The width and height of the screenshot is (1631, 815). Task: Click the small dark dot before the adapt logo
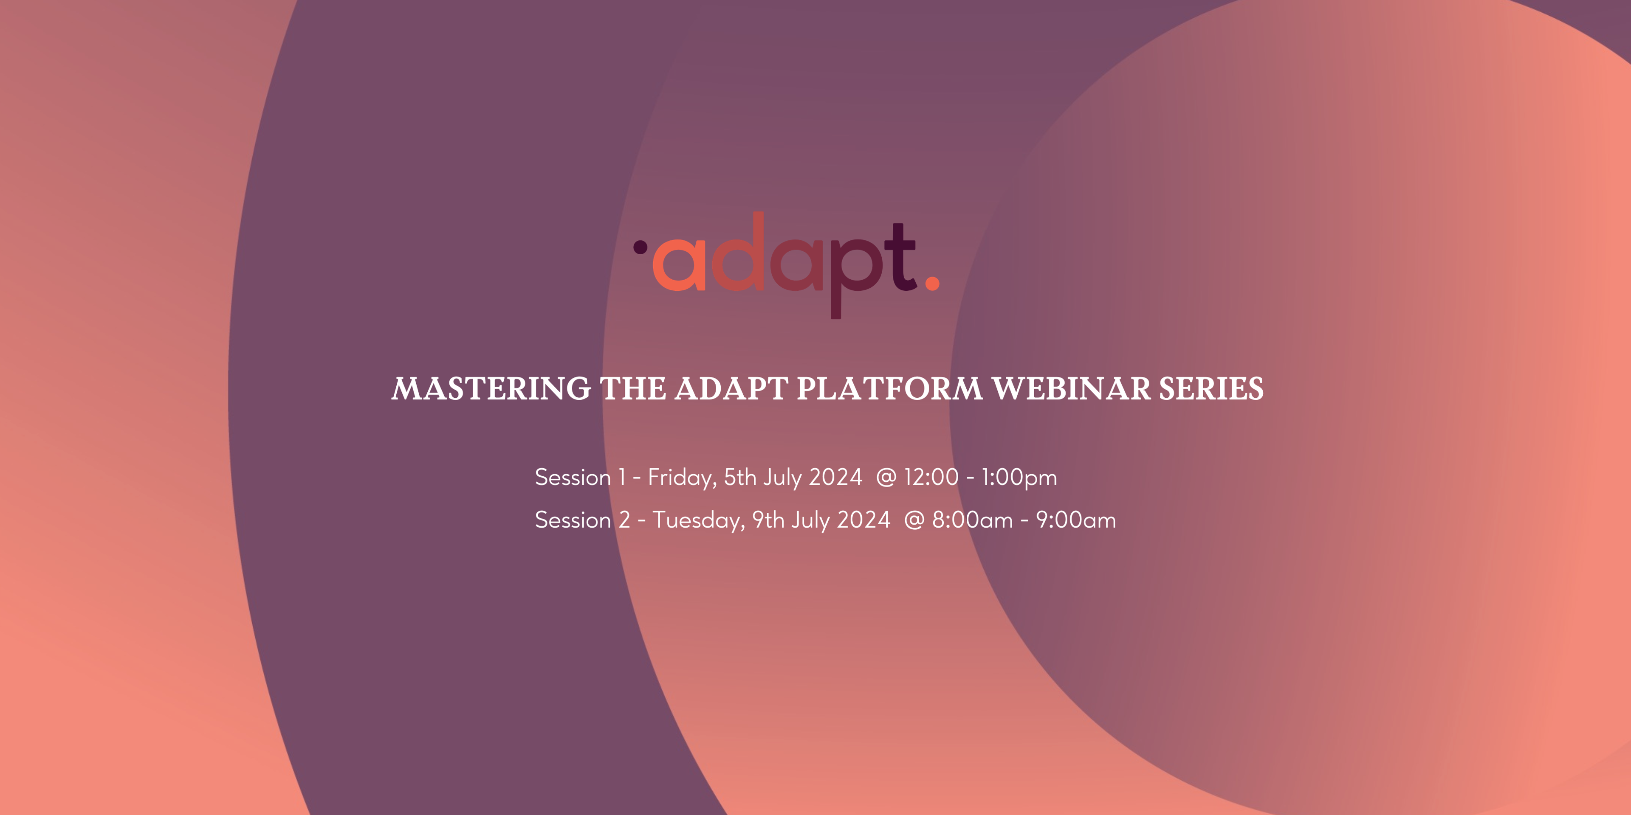640,247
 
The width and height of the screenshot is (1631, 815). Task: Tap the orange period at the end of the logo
932,283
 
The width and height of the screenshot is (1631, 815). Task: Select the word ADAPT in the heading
731,388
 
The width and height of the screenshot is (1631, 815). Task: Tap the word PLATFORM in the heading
889,388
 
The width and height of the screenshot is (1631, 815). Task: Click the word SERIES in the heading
1211,388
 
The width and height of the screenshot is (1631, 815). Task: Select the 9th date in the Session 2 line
768,520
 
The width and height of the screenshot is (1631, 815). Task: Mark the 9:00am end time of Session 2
1076,520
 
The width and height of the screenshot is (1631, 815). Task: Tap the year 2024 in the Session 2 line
863,520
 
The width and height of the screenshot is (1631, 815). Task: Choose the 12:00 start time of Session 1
931,477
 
